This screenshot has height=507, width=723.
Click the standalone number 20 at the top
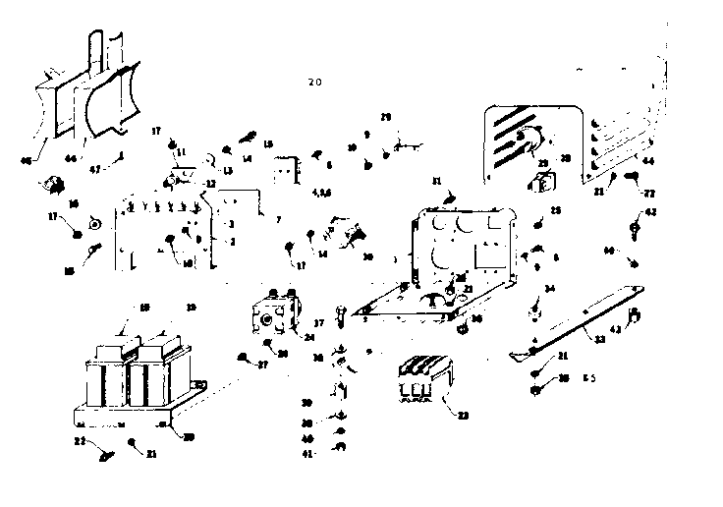[x=314, y=82]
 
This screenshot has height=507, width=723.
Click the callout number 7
[x=278, y=218]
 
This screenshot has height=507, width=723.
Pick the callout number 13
[x=227, y=170]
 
